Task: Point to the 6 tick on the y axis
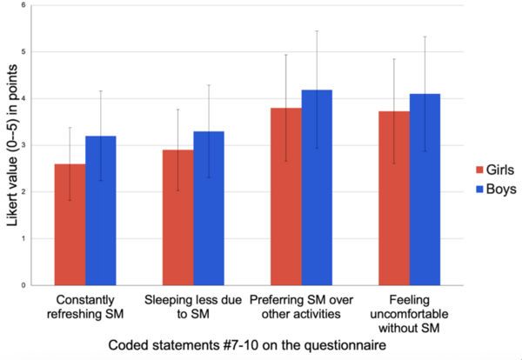[x=35, y=5]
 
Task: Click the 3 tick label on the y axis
[x=35, y=145]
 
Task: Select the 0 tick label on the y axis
[x=35, y=285]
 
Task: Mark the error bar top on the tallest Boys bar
[x=317, y=31]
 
